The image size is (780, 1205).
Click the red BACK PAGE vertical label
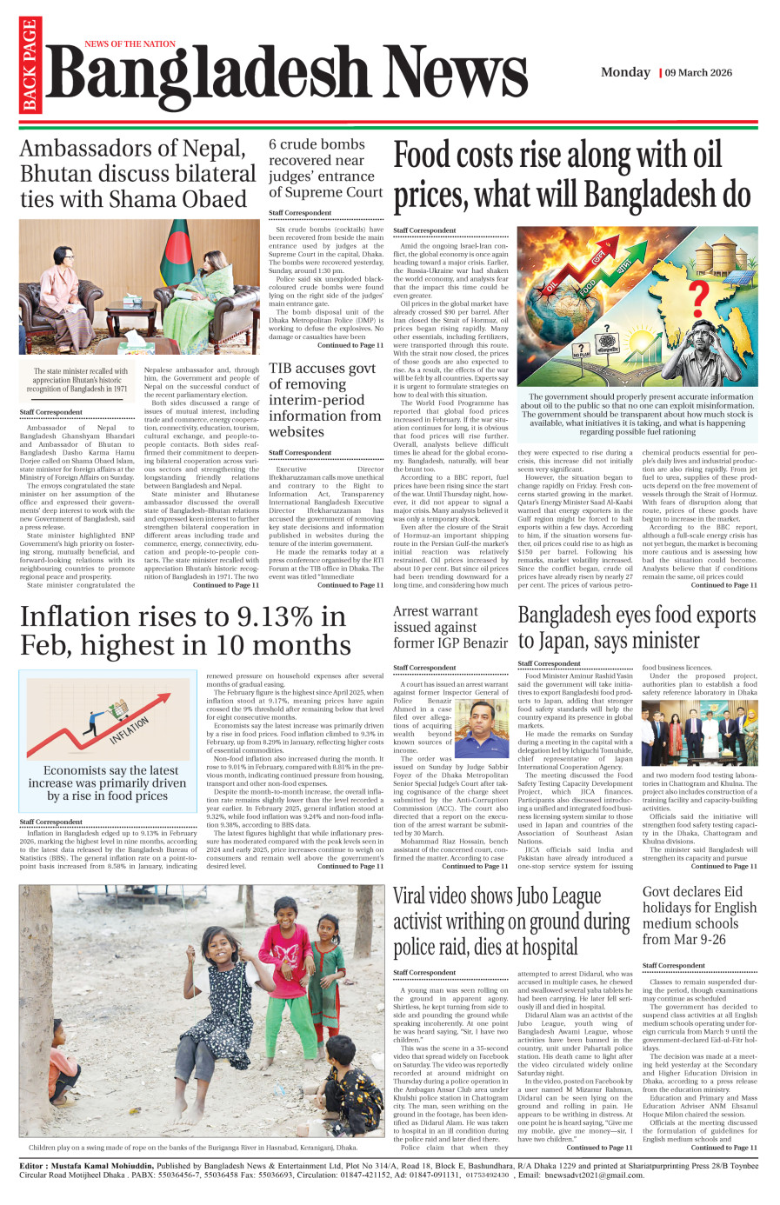click(30, 65)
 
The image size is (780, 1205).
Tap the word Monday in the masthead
click(625, 72)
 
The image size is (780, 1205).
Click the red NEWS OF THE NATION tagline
click(130, 43)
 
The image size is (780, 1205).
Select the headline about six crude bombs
click(325, 168)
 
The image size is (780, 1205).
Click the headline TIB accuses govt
click(324, 400)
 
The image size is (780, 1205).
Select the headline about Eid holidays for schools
click(699, 915)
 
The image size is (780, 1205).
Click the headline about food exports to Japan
click(637, 628)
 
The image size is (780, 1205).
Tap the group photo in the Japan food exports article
click(699, 733)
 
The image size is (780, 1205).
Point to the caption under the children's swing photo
click(193, 1148)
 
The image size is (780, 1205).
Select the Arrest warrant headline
click(450, 627)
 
